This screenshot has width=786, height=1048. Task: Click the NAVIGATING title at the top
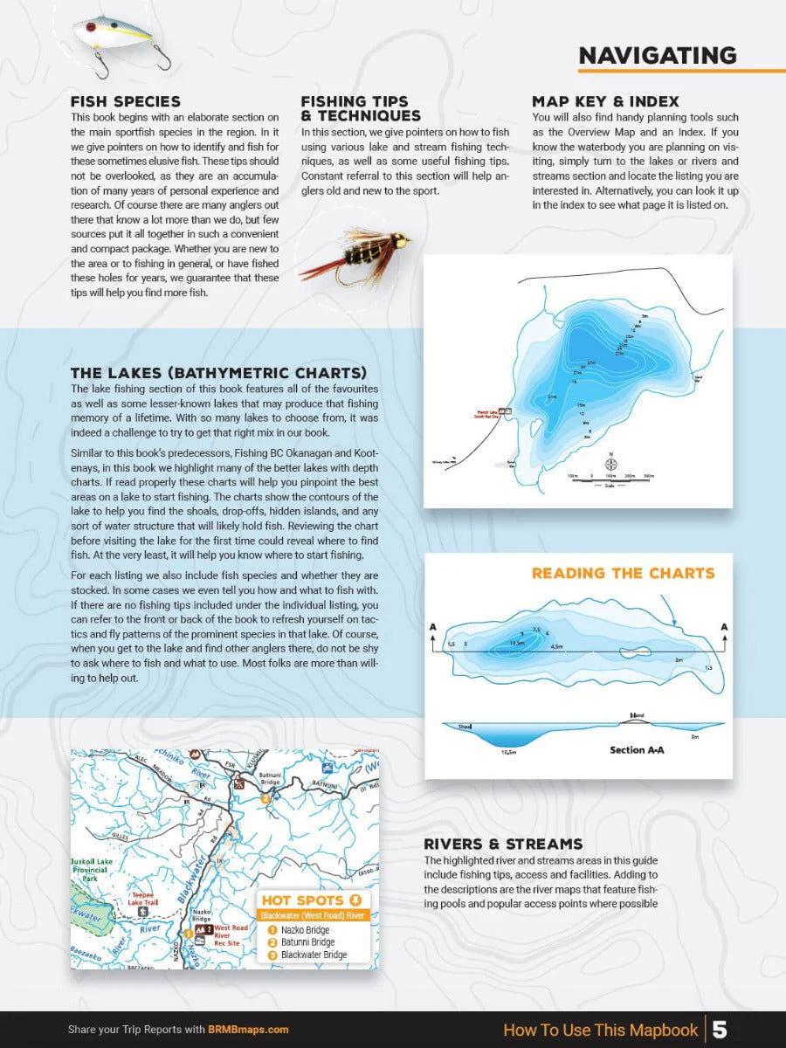[657, 55]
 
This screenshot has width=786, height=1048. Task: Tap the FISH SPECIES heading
[125, 102]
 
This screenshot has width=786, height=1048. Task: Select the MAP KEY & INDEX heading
[605, 102]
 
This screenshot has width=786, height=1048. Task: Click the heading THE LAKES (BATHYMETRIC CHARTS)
[218, 373]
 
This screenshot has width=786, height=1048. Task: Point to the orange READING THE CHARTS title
[623, 574]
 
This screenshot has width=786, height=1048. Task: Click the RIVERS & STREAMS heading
[503, 845]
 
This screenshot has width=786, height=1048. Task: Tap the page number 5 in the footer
[720, 1030]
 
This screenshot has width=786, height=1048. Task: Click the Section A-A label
[637, 750]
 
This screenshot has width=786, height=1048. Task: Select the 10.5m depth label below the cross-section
[509, 751]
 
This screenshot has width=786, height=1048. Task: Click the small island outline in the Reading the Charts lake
[629, 652]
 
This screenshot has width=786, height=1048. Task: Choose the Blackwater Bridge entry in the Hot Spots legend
[313, 955]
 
